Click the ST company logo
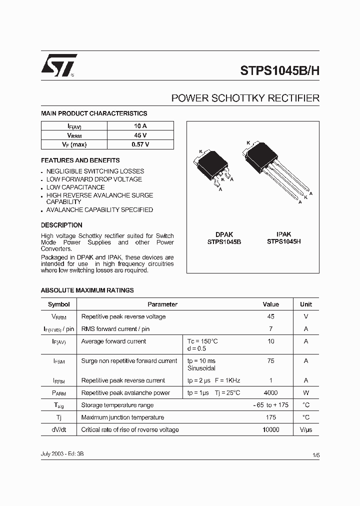coord(58,65)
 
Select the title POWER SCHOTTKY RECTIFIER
coord(245,98)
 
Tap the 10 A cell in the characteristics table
coord(140,126)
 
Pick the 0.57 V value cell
coord(140,144)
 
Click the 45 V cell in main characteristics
coord(140,135)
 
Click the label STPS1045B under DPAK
coord(224,241)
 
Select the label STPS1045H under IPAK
coord(283,241)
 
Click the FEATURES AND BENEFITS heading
coord(80,160)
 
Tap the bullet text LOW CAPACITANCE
coord(75,187)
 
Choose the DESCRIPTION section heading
coord(61,225)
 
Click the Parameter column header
coord(162,304)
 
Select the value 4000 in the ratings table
coord(270,393)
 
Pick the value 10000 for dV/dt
coord(270,429)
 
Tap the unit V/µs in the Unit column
coord(305,429)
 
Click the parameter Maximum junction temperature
coord(122,417)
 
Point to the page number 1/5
coord(315,455)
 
